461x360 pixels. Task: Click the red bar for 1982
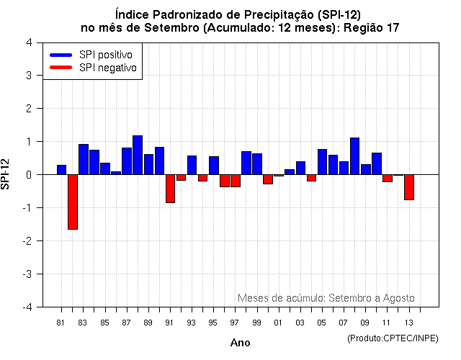click(x=73, y=202)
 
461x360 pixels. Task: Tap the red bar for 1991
click(x=170, y=189)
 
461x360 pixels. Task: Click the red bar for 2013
click(x=409, y=187)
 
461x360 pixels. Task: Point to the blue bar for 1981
click(x=62, y=170)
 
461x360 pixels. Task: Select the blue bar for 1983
click(x=84, y=159)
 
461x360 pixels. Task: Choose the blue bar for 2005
click(x=322, y=162)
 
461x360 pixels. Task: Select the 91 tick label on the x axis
click(x=170, y=323)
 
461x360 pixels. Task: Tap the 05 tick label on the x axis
click(x=322, y=323)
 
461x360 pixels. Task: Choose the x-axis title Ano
click(x=240, y=343)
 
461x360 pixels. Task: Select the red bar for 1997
click(x=236, y=181)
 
